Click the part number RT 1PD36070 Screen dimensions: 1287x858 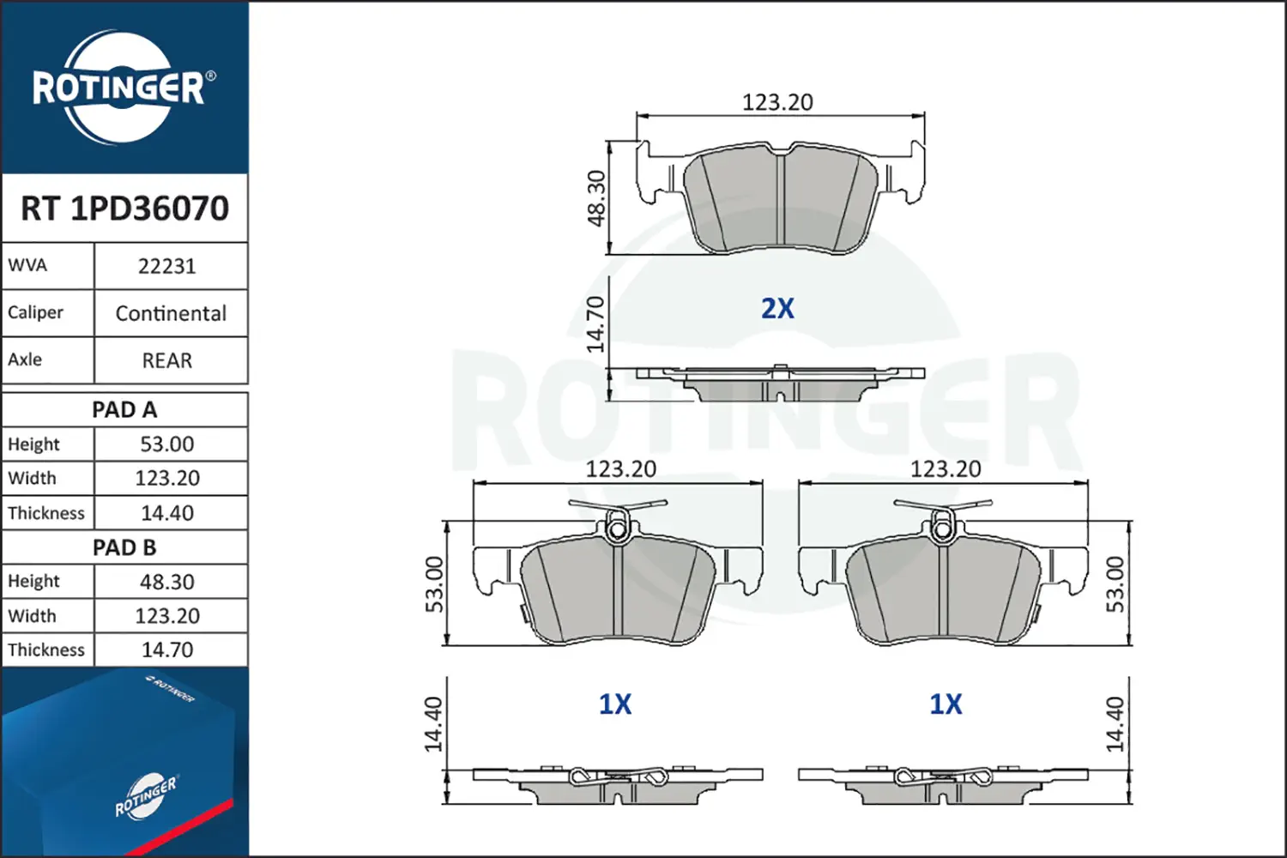click(124, 208)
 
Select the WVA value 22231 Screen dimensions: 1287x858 click(167, 267)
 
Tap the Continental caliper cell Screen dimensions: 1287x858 click(171, 314)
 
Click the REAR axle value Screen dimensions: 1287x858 click(167, 361)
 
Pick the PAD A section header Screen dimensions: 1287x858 click(124, 410)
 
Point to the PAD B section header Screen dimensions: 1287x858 click(124, 547)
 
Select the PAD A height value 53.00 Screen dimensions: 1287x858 click(167, 444)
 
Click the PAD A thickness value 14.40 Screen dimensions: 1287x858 click(167, 513)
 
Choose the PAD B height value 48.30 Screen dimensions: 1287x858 click(167, 582)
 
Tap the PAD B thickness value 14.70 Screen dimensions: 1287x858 click(167, 650)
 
